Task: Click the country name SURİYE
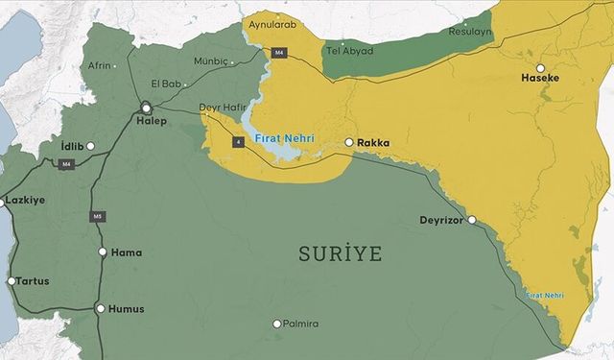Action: click(x=340, y=254)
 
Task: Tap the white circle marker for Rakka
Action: click(x=349, y=143)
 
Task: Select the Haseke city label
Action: click(x=539, y=77)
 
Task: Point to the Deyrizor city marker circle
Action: click(x=471, y=220)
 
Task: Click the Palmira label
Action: click(x=300, y=324)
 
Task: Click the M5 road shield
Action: click(x=97, y=216)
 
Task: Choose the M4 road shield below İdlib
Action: click(x=66, y=164)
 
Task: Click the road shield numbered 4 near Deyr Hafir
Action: click(x=236, y=141)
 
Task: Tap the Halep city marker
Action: click(x=146, y=108)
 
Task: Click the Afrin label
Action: click(x=100, y=65)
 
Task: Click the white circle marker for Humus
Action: click(x=101, y=309)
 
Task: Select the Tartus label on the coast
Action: click(x=33, y=281)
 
